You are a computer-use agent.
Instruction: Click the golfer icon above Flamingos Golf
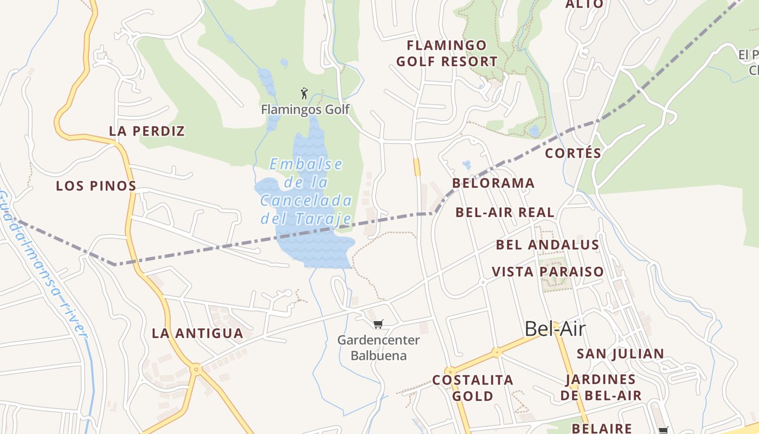[x=304, y=93]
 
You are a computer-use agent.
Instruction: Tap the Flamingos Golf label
[x=305, y=110]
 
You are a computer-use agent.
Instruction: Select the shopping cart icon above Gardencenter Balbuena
[x=378, y=324]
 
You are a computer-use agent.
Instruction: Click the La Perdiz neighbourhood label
[x=147, y=131]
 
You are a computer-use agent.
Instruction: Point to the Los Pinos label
[x=96, y=186]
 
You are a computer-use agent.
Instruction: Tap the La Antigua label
[x=197, y=333]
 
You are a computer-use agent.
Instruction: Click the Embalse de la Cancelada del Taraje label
[x=306, y=192]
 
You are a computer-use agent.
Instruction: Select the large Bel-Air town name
[x=556, y=329]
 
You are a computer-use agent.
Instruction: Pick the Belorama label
[x=493, y=183]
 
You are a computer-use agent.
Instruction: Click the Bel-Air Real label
[x=505, y=212]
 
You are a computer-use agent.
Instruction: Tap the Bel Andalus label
[x=548, y=245]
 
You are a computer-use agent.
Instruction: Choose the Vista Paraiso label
[x=548, y=271]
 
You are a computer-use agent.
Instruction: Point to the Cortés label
[x=573, y=153]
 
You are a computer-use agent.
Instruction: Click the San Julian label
[x=620, y=354]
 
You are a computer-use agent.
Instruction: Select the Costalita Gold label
[x=473, y=388]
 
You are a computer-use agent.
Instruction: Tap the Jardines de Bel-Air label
[x=601, y=387]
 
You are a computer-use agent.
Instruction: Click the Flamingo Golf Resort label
[x=447, y=53]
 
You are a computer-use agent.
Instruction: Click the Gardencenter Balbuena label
[x=378, y=348]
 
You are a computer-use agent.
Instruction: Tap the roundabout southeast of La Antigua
[x=196, y=369]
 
